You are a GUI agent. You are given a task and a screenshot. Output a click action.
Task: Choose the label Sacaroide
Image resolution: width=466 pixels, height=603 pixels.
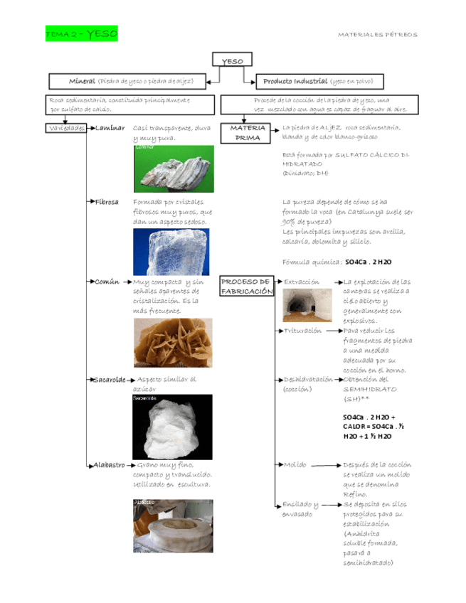click(x=110, y=380)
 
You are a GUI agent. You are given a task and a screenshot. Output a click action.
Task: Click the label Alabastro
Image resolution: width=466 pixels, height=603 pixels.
click(x=110, y=464)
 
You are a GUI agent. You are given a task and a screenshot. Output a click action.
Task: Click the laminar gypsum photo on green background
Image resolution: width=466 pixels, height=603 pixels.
click(x=173, y=169)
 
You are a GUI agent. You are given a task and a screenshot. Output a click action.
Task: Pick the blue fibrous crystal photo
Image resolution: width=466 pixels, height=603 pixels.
click(x=171, y=252)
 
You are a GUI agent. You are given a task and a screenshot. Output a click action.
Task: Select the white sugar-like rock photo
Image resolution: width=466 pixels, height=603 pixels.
click(x=171, y=427)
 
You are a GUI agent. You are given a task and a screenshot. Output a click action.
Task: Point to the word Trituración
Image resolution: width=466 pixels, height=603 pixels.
click(x=303, y=331)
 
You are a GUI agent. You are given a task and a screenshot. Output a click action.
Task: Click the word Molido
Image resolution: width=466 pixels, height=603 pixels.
click(x=295, y=464)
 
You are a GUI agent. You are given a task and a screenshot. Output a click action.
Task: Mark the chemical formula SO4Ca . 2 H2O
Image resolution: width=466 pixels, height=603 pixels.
click(x=368, y=262)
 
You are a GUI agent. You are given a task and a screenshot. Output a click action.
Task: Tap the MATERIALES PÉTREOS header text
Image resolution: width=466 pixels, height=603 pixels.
click(x=377, y=34)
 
